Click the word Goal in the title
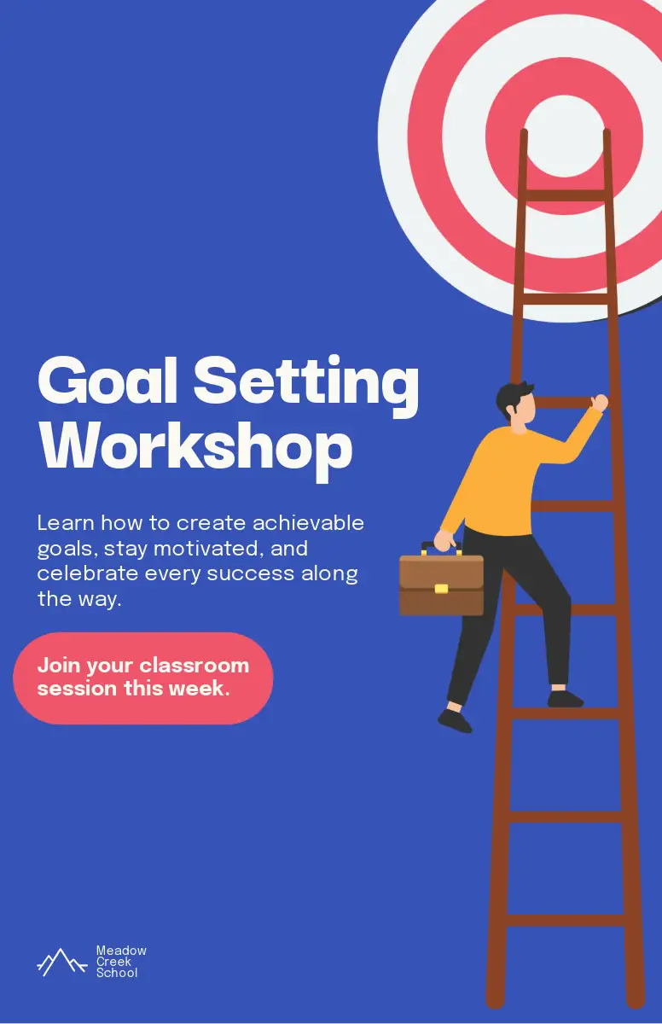click(x=107, y=381)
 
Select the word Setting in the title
click(x=306, y=387)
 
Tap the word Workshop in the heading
click(x=195, y=451)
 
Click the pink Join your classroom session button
click(x=143, y=678)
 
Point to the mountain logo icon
click(x=61, y=962)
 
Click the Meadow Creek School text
click(x=121, y=962)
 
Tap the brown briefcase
click(x=441, y=581)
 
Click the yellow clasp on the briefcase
click(x=441, y=589)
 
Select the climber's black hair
click(x=513, y=398)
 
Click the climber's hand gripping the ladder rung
click(x=599, y=403)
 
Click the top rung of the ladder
click(x=565, y=195)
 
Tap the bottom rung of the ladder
click(x=565, y=920)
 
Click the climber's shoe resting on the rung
click(x=565, y=699)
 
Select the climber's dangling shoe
click(x=455, y=721)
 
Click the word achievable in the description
click(x=308, y=523)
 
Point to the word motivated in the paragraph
click(x=208, y=549)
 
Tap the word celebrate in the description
click(x=87, y=573)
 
